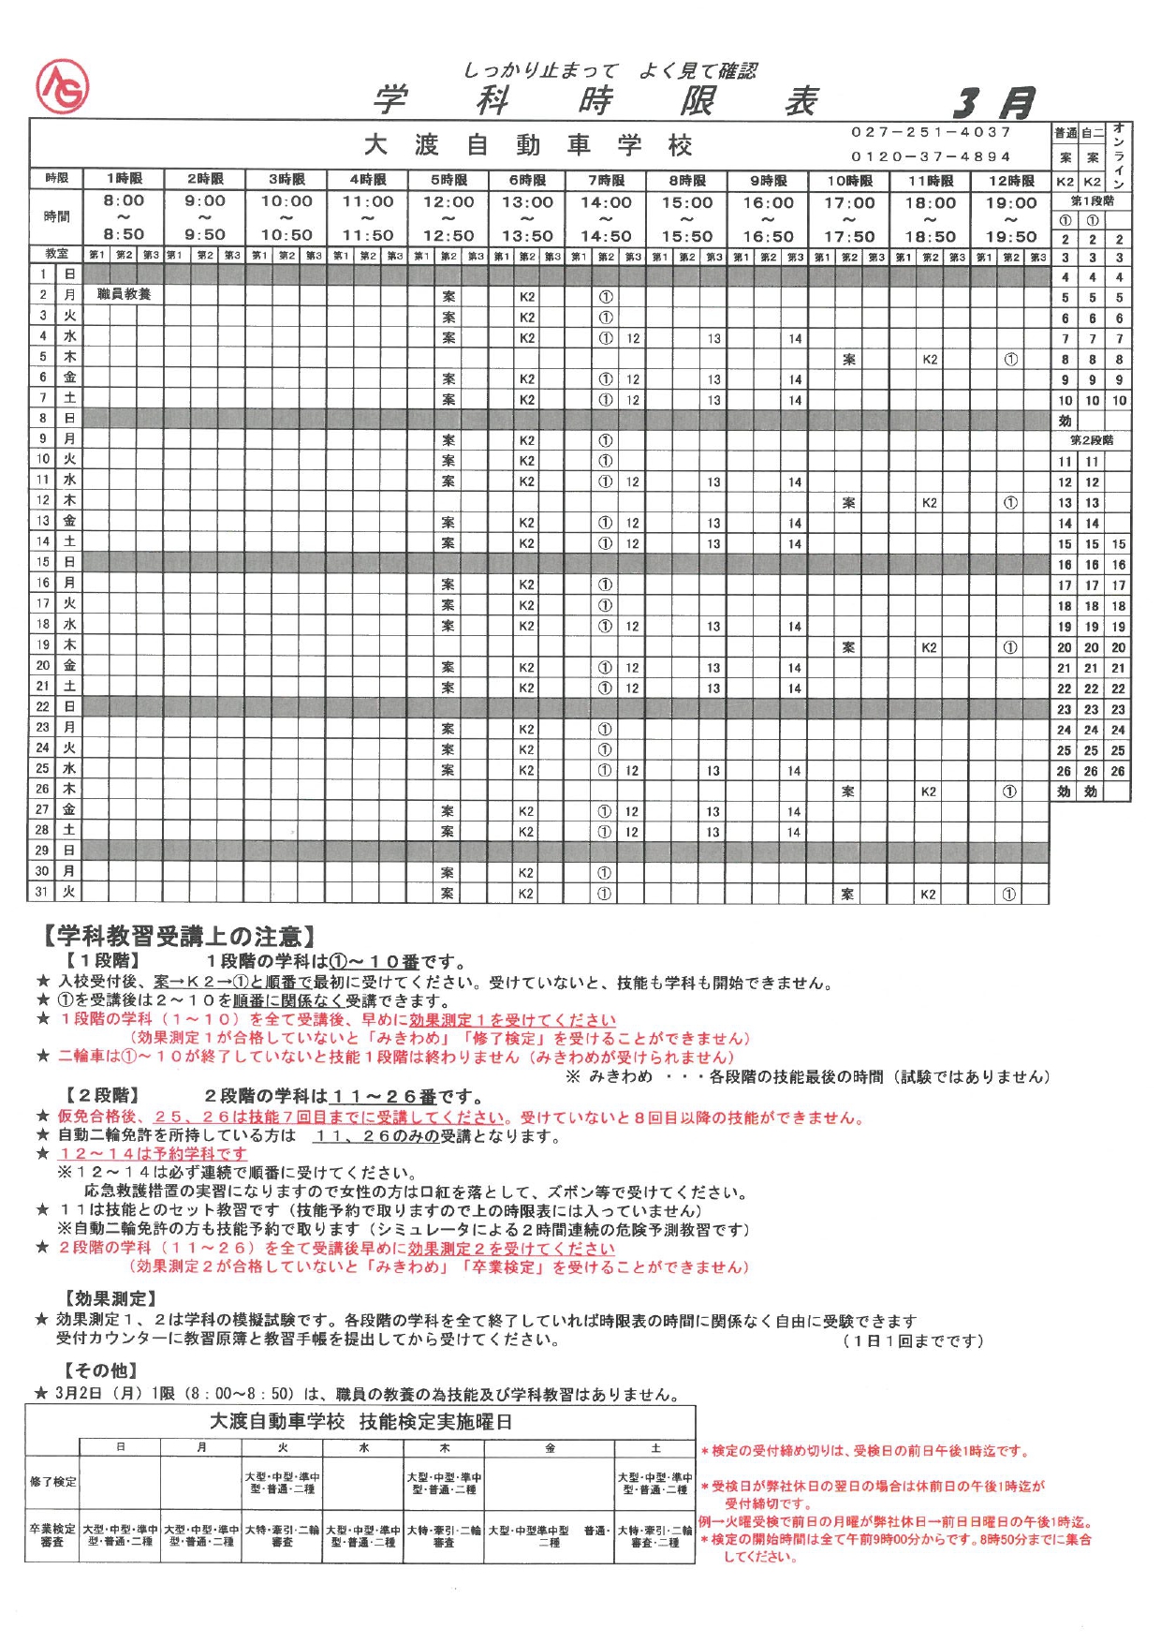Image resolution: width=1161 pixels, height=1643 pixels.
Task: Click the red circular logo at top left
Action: click(x=62, y=86)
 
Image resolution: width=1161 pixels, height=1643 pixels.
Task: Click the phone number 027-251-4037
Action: click(x=931, y=132)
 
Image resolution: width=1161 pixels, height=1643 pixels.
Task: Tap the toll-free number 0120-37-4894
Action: click(x=931, y=156)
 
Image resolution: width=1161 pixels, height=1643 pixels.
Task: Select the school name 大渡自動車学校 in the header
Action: click(x=528, y=145)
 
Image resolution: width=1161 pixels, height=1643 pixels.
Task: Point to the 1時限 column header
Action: click(x=124, y=179)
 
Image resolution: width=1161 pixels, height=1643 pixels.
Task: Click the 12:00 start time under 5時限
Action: click(x=448, y=201)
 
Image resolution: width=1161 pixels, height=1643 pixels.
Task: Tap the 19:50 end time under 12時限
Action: click(x=1011, y=237)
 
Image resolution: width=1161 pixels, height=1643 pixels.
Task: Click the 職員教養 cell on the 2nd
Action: click(x=124, y=294)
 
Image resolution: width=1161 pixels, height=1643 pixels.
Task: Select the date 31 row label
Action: click(x=41, y=892)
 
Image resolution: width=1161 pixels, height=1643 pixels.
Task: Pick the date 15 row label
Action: click(x=42, y=562)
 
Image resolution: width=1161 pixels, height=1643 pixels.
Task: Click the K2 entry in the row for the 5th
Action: click(x=930, y=359)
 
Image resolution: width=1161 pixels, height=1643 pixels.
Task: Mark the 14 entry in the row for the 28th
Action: click(x=794, y=832)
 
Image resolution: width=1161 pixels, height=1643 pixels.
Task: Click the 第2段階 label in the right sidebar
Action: click(x=1092, y=440)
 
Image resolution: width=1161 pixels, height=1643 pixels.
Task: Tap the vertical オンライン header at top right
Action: click(x=1119, y=155)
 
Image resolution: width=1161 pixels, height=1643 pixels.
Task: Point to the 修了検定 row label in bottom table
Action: click(x=52, y=1482)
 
